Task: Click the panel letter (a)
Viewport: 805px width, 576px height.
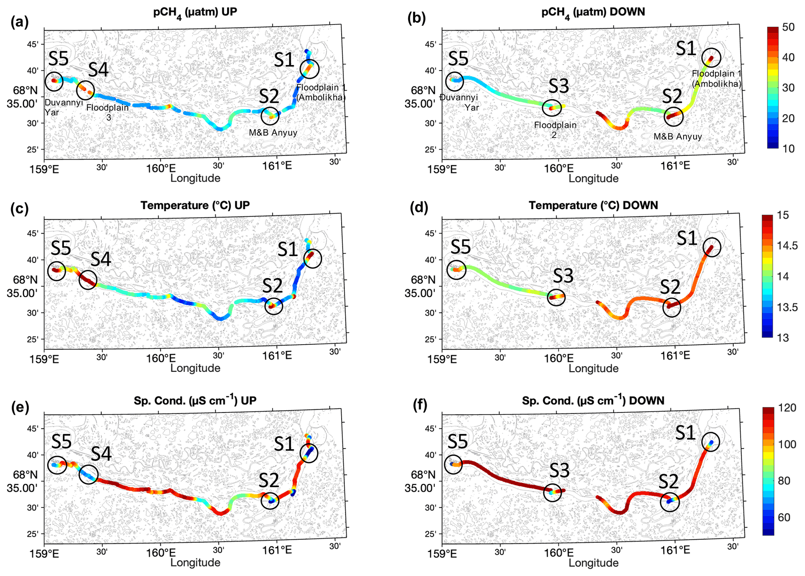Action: pyautogui.click(x=19, y=22)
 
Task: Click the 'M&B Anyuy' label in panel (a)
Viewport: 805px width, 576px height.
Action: pyautogui.click(x=273, y=133)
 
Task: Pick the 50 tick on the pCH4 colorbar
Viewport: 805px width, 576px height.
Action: pyautogui.click(x=788, y=27)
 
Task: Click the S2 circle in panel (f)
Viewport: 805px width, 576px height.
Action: pyautogui.click(x=670, y=502)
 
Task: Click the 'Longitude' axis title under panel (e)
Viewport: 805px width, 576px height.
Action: pyautogui.click(x=195, y=562)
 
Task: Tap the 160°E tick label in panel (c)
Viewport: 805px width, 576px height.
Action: pyautogui.click(x=160, y=358)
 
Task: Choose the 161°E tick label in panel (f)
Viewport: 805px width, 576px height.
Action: pyautogui.click(x=675, y=550)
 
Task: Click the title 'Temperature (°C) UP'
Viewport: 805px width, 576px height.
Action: pyautogui.click(x=195, y=206)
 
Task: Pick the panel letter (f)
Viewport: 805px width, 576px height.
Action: pyautogui.click(x=420, y=405)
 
